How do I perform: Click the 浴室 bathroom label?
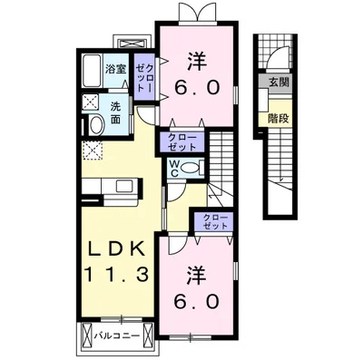click(x=114, y=69)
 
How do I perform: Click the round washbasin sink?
click(x=94, y=125)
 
